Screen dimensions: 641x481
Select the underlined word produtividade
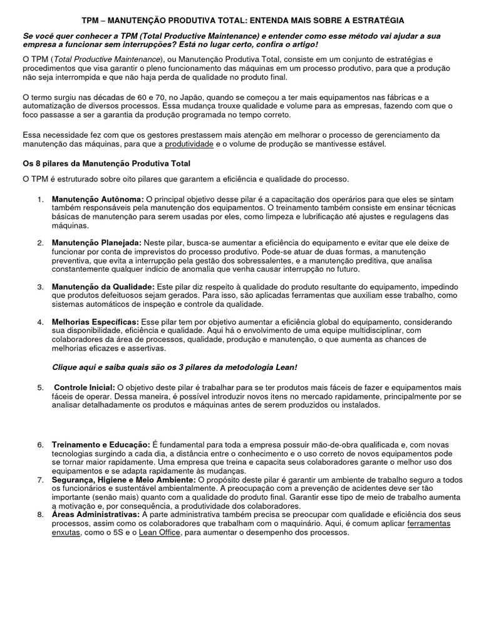click(x=189, y=144)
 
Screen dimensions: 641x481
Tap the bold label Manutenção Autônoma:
click(x=97, y=198)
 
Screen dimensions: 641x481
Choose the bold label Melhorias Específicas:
click(x=96, y=322)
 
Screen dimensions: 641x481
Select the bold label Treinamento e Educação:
click(x=100, y=444)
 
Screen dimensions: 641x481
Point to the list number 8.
click(x=41, y=515)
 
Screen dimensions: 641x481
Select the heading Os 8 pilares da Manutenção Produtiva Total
click(x=106, y=163)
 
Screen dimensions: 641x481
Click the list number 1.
click(x=41, y=198)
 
